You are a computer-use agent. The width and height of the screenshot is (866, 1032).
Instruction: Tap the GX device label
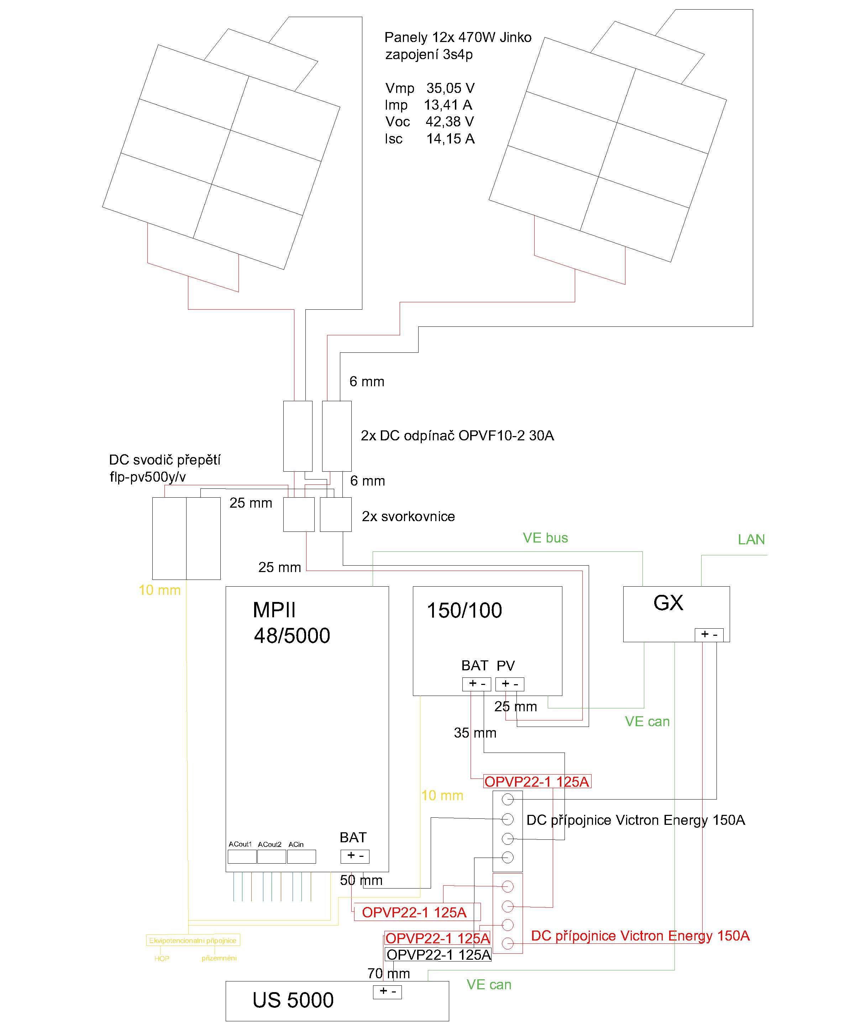pyautogui.click(x=668, y=603)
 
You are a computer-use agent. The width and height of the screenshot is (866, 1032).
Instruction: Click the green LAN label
pyautogui.click(x=751, y=540)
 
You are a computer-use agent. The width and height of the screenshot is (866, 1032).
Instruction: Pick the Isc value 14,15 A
pyautogui.click(x=450, y=139)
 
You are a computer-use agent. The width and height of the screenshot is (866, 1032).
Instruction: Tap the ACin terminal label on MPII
pyautogui.click(x=296, y=844)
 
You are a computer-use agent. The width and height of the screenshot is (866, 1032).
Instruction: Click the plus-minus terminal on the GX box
pyautogui.click(x=709, y=634)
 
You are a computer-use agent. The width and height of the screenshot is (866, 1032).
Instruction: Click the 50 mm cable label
pyautogui.click(x=361, y=880)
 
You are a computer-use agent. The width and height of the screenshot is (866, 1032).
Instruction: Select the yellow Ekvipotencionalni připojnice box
pyautogui.click(x=193, y=940)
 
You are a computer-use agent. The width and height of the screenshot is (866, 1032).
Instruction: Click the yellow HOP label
pyautogui.click(x=162, y=958)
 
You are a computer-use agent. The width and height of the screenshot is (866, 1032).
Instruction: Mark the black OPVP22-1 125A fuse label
pyautogui.click(x=439, y=954)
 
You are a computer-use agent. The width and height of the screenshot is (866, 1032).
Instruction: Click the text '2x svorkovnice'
pyautogui.click(x=408, y=517)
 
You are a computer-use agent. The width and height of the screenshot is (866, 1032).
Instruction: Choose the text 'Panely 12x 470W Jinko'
pyautogui.click(x=458, y=38)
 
